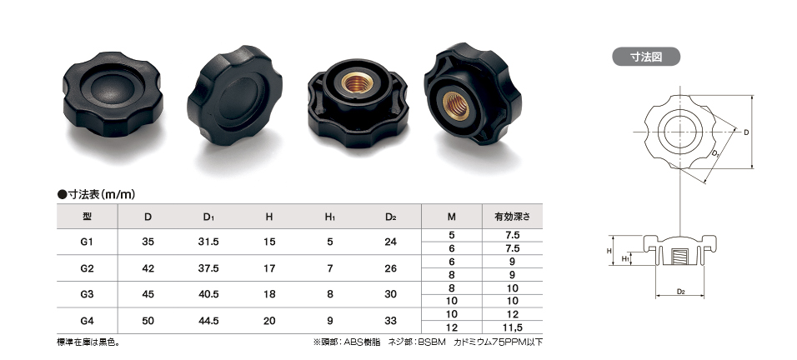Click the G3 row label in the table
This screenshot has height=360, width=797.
(x=87, y=294)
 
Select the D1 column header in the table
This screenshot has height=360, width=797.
(x=208, y=217)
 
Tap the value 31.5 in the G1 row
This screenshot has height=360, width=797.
(x=208, y=242)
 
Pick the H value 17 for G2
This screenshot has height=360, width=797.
(x=269, y=268)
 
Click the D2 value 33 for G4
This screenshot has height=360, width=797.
(x=390, y=321)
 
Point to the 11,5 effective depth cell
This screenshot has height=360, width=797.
(x=513, y=327)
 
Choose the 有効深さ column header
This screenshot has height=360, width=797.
(x=513, y=217)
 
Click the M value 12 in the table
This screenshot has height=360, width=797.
(x=451, y=327)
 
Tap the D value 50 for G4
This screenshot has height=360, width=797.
(x=148, y=321)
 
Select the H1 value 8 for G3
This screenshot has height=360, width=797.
(x=330, y=294)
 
